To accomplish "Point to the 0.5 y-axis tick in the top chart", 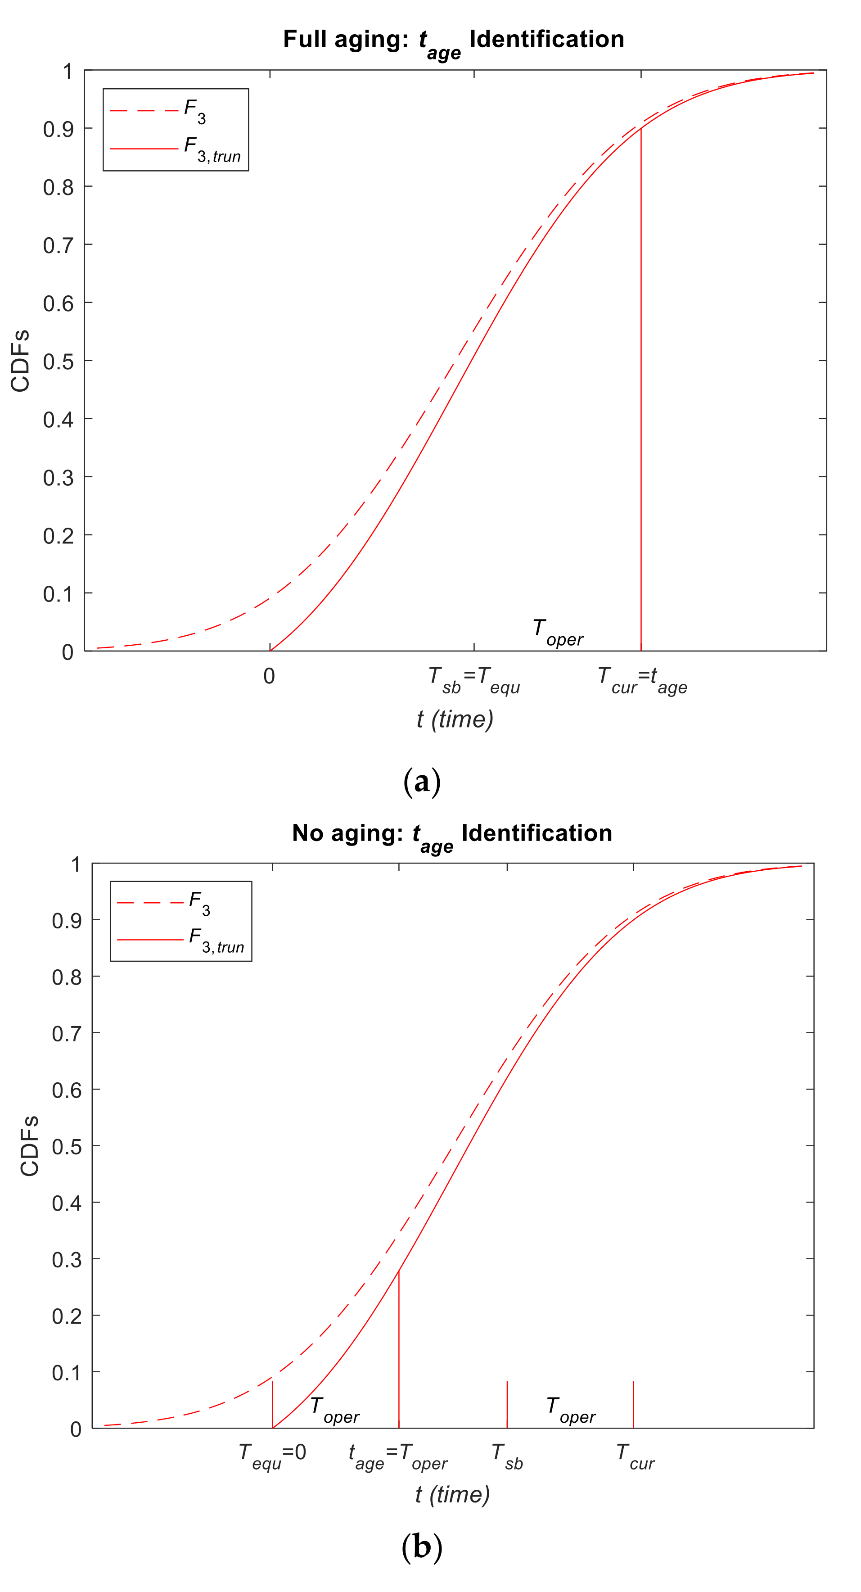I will [x=59, y=362].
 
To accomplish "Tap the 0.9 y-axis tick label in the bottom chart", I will [x=67, y=921].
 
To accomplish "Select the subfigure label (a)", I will [x=422, y=782].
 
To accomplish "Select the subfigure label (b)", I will [x=422, y=1547].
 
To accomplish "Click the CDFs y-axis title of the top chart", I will [x=20, y=361].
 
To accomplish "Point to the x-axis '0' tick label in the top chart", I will [x=269, y=676].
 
